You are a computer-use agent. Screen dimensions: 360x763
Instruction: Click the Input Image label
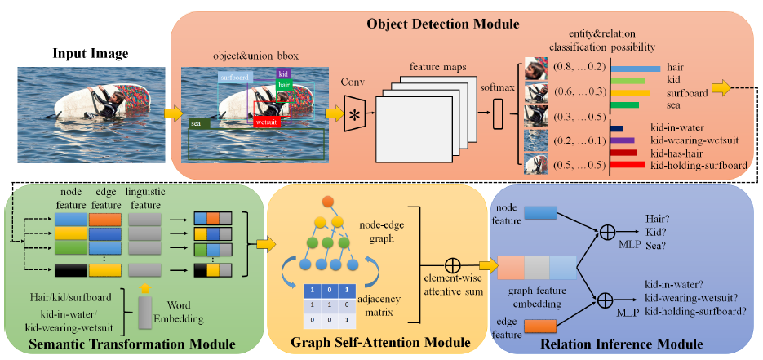click(x=90, y=54)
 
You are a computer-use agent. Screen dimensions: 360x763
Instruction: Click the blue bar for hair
click(x=635, y=68)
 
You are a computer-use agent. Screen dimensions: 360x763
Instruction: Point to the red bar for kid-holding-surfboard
click(x=628, y=165)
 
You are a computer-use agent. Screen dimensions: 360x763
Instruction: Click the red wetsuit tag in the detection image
click(x=265, y=121)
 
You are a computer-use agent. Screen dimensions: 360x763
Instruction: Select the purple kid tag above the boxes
click(x=282, y=74)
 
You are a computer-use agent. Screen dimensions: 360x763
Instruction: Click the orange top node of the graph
click(x=328, y=201)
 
